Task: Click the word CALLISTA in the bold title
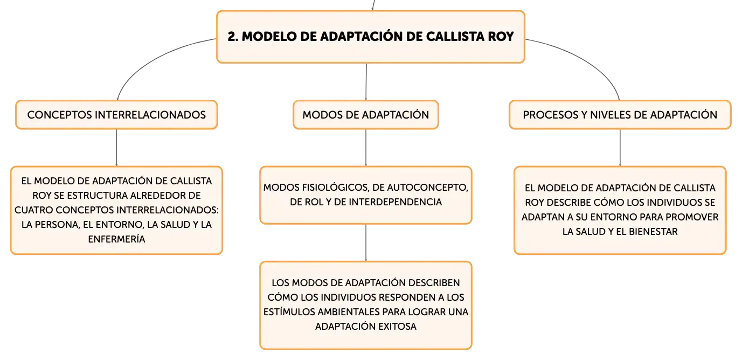[455, 37]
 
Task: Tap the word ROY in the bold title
[501, 37]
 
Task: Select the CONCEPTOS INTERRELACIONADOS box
[116, 115]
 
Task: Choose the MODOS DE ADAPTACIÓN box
[366, 115]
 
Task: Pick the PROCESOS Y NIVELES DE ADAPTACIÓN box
[620, 115]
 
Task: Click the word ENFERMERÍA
[116, 239]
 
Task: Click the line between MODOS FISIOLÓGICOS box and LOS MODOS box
[366, 243]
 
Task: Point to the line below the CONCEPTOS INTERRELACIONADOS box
[116, 148]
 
